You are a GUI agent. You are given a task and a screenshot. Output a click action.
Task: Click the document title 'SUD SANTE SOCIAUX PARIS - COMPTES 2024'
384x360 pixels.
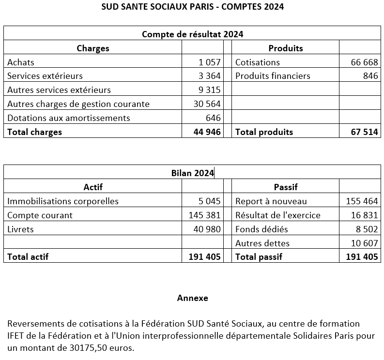[192, 7]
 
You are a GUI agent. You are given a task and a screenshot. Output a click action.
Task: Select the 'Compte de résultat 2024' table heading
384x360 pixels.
[192, 34]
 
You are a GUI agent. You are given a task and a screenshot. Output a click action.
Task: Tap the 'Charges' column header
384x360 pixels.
[93, 48]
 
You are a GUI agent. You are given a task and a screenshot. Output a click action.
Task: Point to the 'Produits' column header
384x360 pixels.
[286, 48]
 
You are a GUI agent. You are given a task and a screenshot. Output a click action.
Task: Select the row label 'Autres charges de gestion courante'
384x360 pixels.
[78, 104]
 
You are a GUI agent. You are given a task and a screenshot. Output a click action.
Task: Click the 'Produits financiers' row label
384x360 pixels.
[273, 76]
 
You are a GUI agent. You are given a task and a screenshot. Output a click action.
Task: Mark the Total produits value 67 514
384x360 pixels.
[364, 132]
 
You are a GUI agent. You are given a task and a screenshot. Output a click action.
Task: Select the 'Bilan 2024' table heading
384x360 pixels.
[192, 173]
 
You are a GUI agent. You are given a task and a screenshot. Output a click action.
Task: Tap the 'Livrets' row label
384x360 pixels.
[21, 229]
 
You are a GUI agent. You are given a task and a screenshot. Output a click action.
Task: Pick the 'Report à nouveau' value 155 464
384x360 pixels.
[362, 201]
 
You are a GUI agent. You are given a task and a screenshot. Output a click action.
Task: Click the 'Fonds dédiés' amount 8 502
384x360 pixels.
[367, 229]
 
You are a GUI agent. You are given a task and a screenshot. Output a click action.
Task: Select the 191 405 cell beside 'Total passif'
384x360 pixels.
[362, 257]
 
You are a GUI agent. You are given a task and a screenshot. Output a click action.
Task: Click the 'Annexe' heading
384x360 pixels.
[192, 298]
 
